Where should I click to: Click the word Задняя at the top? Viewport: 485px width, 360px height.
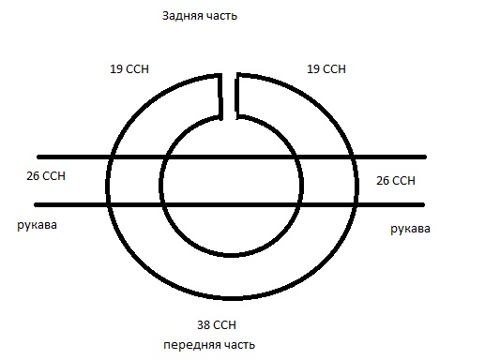coord(181,17)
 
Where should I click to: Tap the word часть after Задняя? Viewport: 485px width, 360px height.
coord(221,17)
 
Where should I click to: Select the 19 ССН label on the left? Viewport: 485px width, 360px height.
coord(129,69)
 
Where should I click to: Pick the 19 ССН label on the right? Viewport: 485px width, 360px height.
coord(327,69)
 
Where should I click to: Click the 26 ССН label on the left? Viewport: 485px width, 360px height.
coord(48,175)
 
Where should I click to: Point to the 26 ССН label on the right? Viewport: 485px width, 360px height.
coord(395,179)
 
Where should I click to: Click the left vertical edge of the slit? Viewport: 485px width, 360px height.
coord(222,95)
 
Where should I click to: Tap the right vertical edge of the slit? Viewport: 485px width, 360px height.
coord(236,95)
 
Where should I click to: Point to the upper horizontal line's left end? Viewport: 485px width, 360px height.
coord(38,157)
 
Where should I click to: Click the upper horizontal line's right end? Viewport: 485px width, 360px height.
coord(425,157)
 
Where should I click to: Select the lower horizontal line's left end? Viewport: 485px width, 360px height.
coord(37,204)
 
